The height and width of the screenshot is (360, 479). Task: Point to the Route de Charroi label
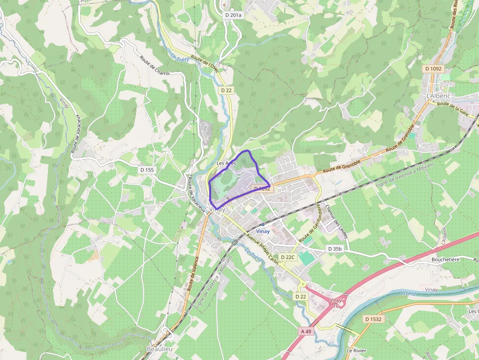[154, 65]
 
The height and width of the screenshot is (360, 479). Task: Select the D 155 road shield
[147, 170]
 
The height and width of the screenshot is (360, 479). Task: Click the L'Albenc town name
[437, 96]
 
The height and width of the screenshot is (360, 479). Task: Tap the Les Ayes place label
[226, 163]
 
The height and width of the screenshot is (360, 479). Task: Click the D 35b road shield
[335, 249]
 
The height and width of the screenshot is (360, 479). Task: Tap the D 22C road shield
[288, 257]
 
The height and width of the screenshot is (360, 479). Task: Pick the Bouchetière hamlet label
[445, 259]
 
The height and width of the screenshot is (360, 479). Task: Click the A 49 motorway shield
[306, 331]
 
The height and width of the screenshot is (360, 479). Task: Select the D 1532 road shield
[373, 319]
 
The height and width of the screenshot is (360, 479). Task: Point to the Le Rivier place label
[356, 351]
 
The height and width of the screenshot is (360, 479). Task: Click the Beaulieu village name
[159, 349]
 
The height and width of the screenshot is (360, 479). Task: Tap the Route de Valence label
[193, 274]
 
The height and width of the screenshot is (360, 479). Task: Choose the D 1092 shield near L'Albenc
[433, 69]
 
